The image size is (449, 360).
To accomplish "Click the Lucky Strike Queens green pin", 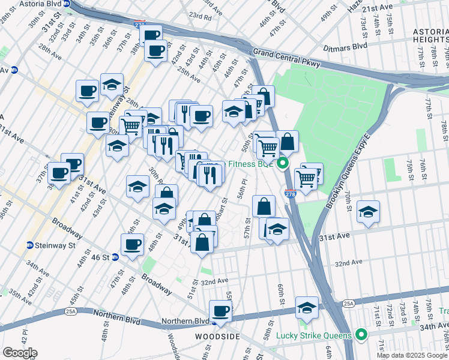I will coord(361,334).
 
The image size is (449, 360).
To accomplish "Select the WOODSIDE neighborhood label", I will coord(219,337).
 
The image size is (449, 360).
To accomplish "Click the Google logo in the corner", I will coord(19,353).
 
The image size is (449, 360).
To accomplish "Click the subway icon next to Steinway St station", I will coord(29,245).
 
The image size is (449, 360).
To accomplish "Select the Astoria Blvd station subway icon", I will coord(67,3).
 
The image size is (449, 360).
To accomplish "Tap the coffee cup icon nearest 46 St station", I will coord(132,244).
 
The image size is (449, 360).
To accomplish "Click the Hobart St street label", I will coord(220,209).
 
